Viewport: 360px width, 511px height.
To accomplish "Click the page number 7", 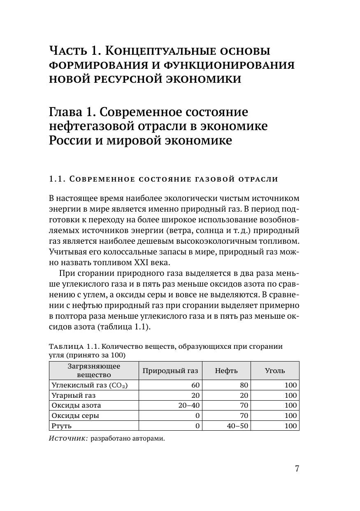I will click(x=297, y=469).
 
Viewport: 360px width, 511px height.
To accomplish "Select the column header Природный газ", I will click(x=170, y=371).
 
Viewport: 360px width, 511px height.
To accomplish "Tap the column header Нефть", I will click(x=226, y=371).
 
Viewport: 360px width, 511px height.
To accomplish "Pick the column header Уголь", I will click(x=275, y=371).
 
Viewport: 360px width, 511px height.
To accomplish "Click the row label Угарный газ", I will click(x=74, y=395).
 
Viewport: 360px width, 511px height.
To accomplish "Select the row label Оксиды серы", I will click(x=75, y=415).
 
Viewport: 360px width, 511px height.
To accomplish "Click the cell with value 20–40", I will click(x=189, y=406).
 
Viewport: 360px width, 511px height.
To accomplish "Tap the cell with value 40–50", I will click(x=237, y=426).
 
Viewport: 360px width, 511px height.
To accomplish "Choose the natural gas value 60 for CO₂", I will click(x=195, y=385).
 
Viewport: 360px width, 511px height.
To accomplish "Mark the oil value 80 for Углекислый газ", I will click(x=244, y=385).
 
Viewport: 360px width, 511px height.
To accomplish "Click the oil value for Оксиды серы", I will click(x=244, y=415).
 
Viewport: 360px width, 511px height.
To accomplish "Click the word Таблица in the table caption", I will click(x=66, y=346).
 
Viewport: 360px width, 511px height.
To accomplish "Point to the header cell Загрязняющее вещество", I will click(x=94, y=371).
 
